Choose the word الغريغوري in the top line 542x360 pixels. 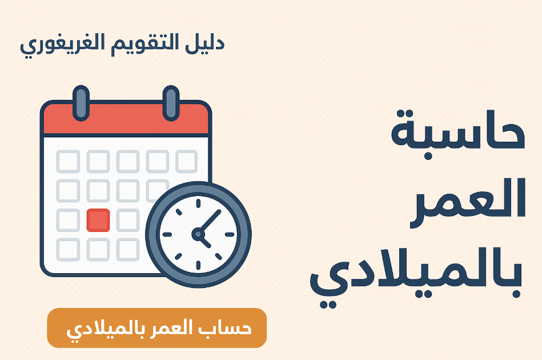click(62, 45)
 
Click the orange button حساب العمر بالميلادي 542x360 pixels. click(156, 328)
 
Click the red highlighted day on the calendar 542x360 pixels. click(98, 220)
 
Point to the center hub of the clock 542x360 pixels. click(198, 233)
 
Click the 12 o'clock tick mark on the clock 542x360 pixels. click(198, 203)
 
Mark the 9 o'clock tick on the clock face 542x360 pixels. click(167, 234)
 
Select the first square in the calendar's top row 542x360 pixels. click(68, 161)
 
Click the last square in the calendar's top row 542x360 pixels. click(186, 161)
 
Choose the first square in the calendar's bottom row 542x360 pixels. click(68, 250)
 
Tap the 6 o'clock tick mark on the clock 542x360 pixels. click(198, 264)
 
